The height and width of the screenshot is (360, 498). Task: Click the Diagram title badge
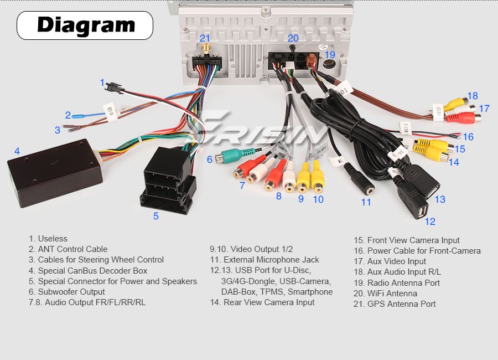pyautogui.click(x=85, y=25)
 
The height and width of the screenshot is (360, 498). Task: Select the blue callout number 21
pyautogui.click(x=205, y=38)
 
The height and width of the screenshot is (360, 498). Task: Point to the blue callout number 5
pyautogui.click(x=156, y=216)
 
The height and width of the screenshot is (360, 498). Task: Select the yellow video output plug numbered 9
pyautogui.click(x=302, y=179)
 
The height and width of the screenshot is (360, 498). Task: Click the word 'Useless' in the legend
pyautogui.click(x=53, y=239)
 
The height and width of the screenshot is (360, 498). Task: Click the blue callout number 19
pyautogui.click(x=330, y=54)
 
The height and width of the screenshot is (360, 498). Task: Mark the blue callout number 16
pyautogui.click(x=468, y=136)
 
